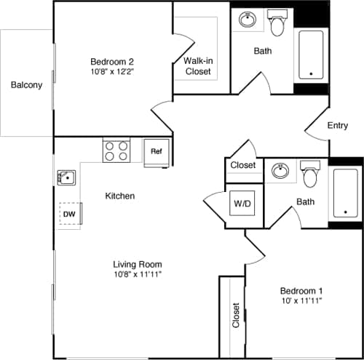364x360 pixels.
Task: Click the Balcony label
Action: [x=26, y=85]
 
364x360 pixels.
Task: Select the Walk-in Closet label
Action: [x=197, y=66]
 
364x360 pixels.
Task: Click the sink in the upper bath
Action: [x=248, y=20]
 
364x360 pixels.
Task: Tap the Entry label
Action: [x=337, y=126]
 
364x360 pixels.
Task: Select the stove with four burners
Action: [x=116, y=151]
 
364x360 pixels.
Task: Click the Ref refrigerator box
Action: [x=156, y=152]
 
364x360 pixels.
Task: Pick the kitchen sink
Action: [x=67, y=177]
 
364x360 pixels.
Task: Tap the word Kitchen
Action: [x=120, y=196]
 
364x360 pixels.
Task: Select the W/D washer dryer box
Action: [x=242, y=202]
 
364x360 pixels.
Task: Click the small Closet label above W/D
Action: [x=243, y=165]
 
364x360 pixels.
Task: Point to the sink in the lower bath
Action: [x=281, y=171]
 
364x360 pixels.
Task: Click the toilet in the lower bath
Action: [x=311, y=175]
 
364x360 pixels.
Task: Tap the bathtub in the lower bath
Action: [x=345, y=193]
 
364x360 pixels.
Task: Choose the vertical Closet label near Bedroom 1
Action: [x=235, y=315]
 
